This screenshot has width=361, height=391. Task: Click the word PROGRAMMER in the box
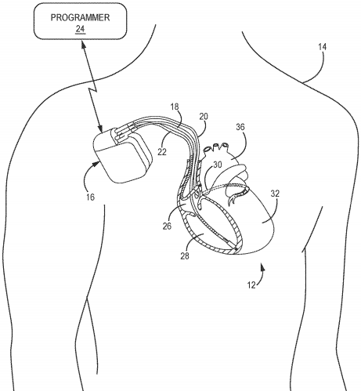point(80,17)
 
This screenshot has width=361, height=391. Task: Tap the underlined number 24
point(80,29)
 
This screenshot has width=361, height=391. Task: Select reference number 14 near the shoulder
point(322,47)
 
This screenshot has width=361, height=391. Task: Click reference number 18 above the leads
point(175,107)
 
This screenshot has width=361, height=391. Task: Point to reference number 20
point(204,116)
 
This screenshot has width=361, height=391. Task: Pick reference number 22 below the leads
point(162,152)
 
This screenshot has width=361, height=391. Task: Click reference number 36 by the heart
point(240,127)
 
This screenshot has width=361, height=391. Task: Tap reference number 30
point(218,165)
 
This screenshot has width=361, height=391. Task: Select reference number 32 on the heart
point(275,194)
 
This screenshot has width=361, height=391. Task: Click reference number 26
point(167,226)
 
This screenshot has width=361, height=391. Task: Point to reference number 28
point(185,256)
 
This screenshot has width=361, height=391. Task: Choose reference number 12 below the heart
point(251,285)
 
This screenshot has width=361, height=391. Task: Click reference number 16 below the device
point(90,197)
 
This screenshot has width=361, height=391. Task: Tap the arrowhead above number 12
point(262,267)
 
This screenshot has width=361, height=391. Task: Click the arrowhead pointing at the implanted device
point(96,164)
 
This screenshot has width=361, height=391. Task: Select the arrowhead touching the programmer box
point(83,45)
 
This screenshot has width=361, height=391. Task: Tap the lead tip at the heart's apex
point(235,248)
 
